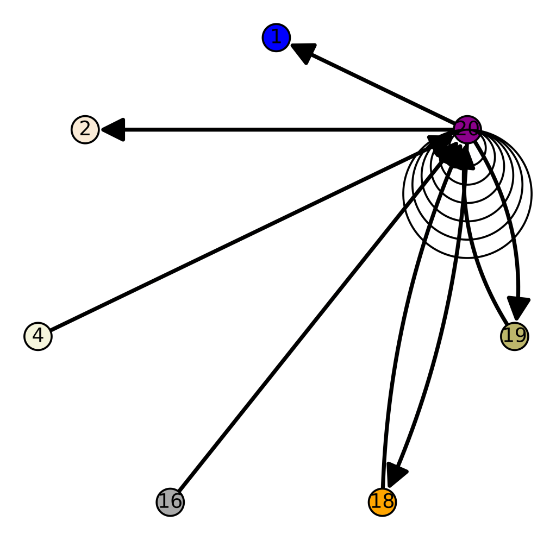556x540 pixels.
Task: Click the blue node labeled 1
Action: point(276,38)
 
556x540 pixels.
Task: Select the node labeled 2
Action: point(85,130)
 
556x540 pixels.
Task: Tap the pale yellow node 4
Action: point(38,336)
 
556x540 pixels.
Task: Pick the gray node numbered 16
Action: point(170,501)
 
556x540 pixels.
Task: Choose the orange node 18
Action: point(382,501)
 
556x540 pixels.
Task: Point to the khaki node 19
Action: point(514,336)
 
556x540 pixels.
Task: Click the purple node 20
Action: point(467,130)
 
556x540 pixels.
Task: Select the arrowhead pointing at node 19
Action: point(518,309)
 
